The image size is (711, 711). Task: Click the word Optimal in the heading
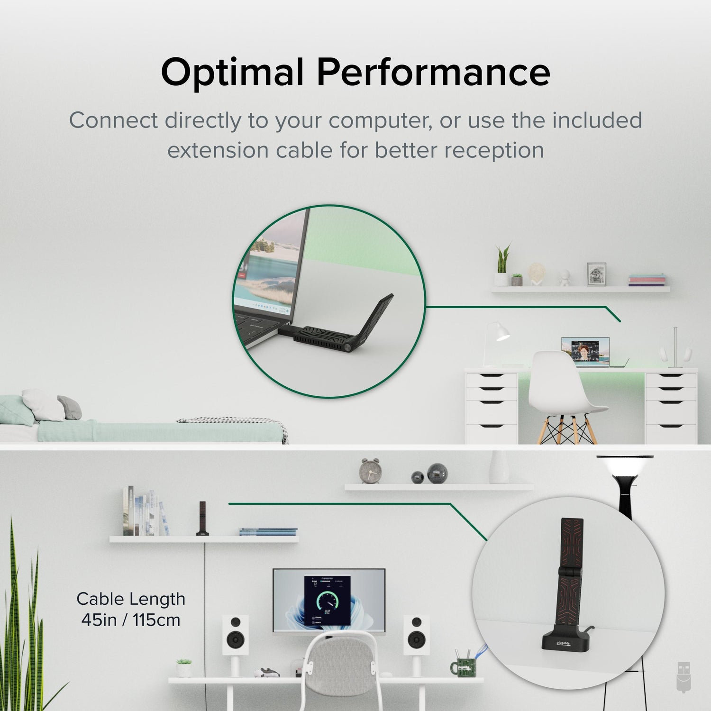click(232, 72)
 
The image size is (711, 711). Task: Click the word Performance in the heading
click(433, 72)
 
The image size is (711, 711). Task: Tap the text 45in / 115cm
click(131, 620)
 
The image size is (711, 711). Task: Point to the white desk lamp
click(496, 341)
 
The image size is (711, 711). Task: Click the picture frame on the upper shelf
click(596, 274)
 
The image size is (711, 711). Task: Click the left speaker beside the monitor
click(236, 635)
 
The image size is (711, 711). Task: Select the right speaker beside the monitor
click(417, 635)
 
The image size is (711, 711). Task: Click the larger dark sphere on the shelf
click(437, 473)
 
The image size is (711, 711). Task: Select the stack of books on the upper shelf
click(647, 280)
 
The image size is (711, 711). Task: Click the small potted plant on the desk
click(184, 667)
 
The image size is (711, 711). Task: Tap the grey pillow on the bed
click(70, 408)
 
